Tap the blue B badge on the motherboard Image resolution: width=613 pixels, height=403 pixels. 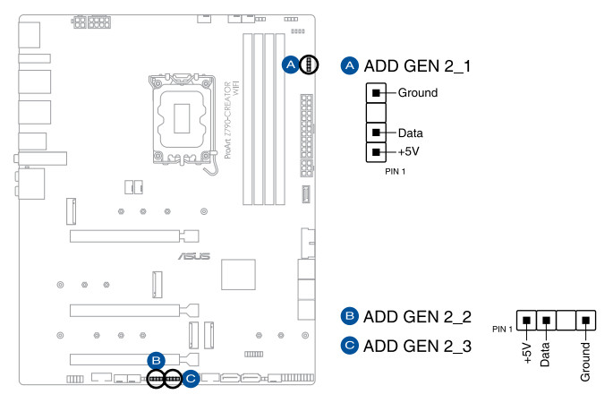click(x=156, y=360)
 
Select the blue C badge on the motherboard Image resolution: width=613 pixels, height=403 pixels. click(x=191, y=379)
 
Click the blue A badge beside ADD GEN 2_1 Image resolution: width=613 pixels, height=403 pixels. click(x=350, y=66)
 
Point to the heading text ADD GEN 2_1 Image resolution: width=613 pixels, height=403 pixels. click(x=417, y=66)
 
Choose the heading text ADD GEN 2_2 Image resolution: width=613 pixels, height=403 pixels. click(x=417, y=316)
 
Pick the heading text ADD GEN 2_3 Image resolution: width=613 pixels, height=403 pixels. click(x=417, y=345)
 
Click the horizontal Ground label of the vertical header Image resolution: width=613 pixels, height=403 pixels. click(x=417, y=92)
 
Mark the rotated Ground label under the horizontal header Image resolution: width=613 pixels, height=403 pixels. click(x=585, y=360)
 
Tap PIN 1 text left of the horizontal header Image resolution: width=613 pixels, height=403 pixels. click(x=503, y=329)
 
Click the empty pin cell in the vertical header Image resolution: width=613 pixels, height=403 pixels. click(x=377, y=113)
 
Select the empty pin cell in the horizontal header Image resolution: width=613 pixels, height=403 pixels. click(x=566, y=320)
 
